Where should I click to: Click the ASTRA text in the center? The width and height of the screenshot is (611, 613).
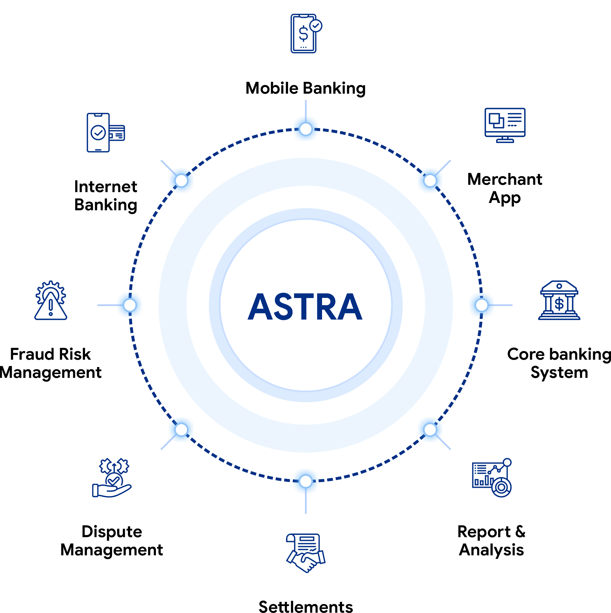click(305, 306)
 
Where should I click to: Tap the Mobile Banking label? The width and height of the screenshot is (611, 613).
click(305, 88)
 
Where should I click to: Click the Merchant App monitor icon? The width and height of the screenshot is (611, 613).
click(505, 125)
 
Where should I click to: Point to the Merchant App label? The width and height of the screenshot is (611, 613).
click(505, 188)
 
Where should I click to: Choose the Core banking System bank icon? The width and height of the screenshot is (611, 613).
click(559, 300)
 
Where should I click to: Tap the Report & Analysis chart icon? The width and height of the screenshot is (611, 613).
click(492, 478)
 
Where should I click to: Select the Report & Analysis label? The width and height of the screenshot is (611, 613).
click(491, 541)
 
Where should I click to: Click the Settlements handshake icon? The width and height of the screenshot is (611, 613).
click(305, 553)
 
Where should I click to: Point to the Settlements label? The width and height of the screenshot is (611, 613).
click(306, 607)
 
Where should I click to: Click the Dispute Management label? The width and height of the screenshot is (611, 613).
click(112, 541)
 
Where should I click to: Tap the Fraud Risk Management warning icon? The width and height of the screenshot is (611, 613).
click(51, 300)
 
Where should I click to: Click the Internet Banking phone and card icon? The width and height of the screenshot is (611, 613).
click(106, 132)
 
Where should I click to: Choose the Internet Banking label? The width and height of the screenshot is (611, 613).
click(106, 196)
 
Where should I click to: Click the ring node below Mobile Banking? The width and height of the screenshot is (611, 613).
click(306, 129)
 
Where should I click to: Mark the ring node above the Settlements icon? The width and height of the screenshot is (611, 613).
click(306, 481)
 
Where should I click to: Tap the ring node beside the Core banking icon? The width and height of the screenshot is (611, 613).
click(481, 305)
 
